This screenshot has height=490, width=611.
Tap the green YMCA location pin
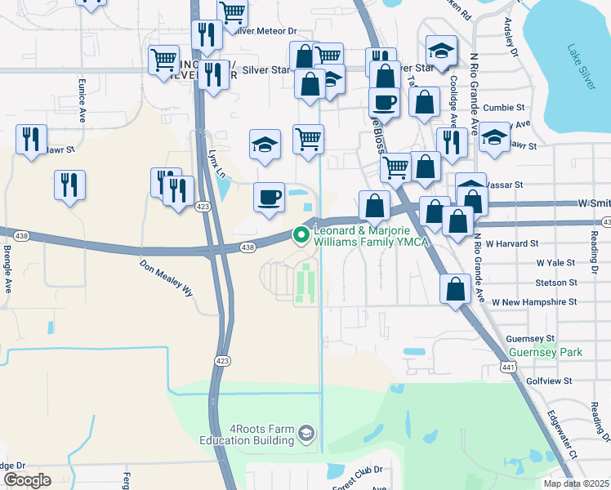coord(301,235)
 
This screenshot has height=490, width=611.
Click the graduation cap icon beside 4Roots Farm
coord(306,432)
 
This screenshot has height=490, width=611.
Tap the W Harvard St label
coord(511,243)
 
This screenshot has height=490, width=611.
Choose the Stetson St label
coord(556,283)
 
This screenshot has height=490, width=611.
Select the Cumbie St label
coord(503,108)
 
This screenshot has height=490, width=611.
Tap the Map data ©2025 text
coord(576,483)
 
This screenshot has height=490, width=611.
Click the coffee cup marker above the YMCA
coord(269,198)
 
